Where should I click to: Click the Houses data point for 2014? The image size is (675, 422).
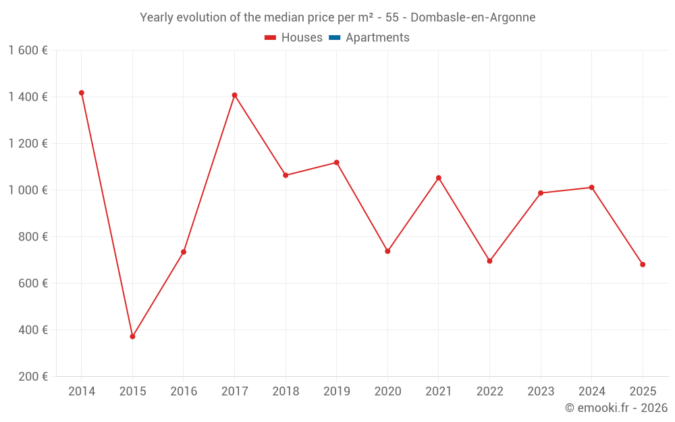pos(82,93)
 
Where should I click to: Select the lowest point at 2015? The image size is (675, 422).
pos(132,336)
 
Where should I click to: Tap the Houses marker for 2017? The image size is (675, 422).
pos(234,95)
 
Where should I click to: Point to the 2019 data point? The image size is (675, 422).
pos(336,163)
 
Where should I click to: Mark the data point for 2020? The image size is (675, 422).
pos(387,251)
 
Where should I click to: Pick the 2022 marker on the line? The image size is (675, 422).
pos(489,261)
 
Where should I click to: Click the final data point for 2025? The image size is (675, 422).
pos(643,265)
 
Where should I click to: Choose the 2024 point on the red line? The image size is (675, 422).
pos(591,187)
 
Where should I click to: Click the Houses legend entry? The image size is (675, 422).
pos(294,38)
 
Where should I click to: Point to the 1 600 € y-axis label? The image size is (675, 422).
pos(28,51)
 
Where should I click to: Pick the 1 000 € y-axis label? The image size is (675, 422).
pos(28,190)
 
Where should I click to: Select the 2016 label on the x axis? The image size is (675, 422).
pos(184,392)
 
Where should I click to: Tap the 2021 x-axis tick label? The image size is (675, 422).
pos(439,392)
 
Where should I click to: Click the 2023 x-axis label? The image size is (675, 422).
pos(541,392)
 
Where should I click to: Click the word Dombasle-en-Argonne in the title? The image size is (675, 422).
pos(473,18)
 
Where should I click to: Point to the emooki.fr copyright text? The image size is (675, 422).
pos(616,408)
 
